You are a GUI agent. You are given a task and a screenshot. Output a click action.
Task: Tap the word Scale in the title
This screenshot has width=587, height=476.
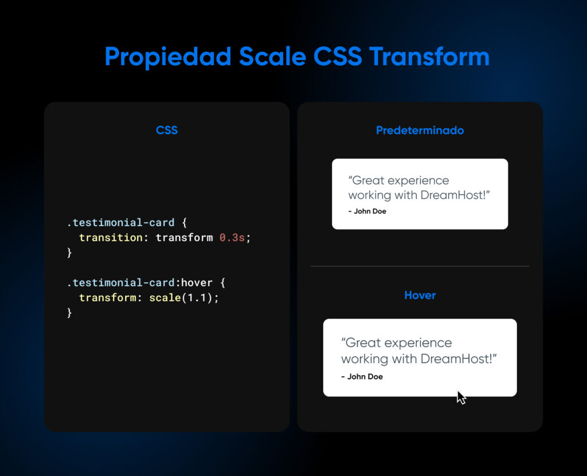pyautogui.click(x=272, y=57)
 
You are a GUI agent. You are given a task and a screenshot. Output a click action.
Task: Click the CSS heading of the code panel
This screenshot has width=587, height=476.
pyautogui.click(x=167, y=130)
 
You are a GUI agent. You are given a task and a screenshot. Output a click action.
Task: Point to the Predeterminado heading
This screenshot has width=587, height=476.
pyautogui.click(x=420, y=130)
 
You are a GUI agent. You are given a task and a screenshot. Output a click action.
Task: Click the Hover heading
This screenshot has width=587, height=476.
pyautogui.click(x=420, y=295)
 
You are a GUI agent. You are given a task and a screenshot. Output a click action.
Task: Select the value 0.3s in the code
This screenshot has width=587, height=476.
pyautogui.click(x=232, y=238)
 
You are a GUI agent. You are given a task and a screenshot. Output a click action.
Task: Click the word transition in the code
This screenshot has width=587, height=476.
pyautogui.click(x=111, y=238)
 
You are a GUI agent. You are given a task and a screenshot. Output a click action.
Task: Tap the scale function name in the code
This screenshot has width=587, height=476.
pyautogui.click(x=165, y=297)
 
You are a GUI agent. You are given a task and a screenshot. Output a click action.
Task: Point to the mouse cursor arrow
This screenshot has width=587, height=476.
pyautogui.click(x=461, y=398)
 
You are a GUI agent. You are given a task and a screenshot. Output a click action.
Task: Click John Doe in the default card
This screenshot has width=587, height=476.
pyautogui.click(x=370, y=211)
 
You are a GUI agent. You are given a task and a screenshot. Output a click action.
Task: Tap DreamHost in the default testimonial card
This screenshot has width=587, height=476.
pyautogui.click(x=453, y=195)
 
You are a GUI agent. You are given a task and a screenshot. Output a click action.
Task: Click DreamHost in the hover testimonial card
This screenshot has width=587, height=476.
pyautogui.click(x=456, y=359)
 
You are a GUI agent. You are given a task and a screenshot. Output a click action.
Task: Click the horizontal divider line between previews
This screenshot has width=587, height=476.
pyautogui.click(x=420, y=266)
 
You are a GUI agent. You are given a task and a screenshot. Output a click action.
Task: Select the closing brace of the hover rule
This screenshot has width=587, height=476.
pyautogui.click(x=69, y=313)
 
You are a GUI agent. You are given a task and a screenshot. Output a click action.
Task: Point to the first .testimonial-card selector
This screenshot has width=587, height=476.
pyautogui.click(x=120, y=223)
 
